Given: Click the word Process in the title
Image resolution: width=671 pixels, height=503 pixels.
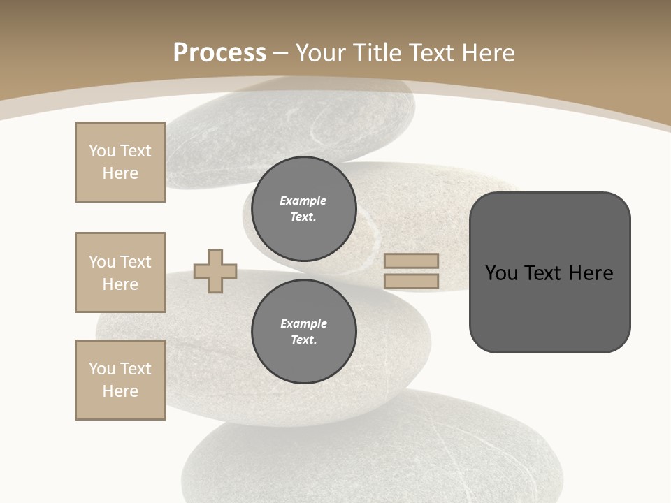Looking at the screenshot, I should (219, 53).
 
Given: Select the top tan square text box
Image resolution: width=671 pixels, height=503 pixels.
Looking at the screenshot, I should (120, 162).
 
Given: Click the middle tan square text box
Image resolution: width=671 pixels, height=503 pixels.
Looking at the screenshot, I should (120, 272).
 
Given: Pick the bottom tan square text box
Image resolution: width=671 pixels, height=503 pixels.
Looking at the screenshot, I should (120, 380).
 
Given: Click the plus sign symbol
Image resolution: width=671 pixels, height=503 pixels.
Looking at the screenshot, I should (215, 271).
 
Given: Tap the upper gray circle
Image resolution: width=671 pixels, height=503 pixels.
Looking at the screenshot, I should (303, 209).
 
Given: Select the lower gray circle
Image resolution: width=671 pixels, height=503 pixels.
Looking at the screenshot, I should (303, 332).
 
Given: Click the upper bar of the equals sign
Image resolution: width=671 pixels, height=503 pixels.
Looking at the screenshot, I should (411, 261).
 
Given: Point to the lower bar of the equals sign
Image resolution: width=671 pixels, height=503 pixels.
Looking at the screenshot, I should (411, 282).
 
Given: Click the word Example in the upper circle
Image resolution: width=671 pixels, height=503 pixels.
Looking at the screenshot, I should (303, 201).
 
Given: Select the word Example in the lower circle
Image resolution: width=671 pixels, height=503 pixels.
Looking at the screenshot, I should (303, 323).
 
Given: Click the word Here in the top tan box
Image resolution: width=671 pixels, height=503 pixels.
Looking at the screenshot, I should (120, 173).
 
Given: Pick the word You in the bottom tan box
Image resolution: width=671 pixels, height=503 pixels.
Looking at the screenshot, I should (102, 369).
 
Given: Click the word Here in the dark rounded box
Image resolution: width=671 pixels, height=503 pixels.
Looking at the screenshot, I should (591, 273).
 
